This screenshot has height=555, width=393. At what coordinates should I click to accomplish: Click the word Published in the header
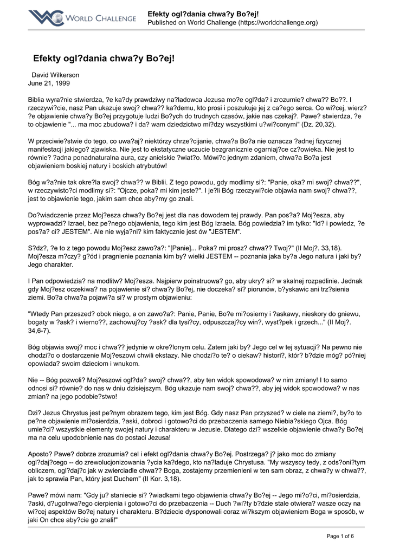coord(164,23)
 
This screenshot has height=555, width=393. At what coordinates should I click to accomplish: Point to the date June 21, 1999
coord(49,83)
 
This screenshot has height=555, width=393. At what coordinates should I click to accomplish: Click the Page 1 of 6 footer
coord(340,536)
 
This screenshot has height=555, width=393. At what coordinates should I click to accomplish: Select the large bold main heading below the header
coord(106,57)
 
